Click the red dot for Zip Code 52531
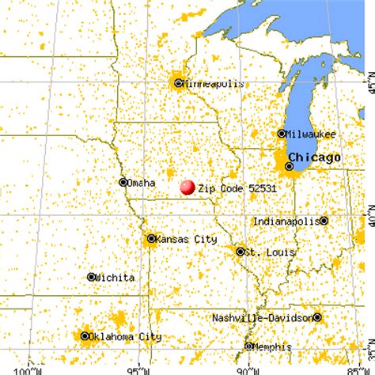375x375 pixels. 187,187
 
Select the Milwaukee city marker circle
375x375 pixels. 281,134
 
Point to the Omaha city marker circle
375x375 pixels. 123,181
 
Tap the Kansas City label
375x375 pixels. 184,237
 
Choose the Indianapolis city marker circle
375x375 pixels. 324,220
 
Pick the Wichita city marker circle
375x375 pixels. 92,277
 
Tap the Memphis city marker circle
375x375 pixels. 248,346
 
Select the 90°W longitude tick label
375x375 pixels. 248,369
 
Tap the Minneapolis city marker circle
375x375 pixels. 179,82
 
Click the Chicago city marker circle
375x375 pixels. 290,165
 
